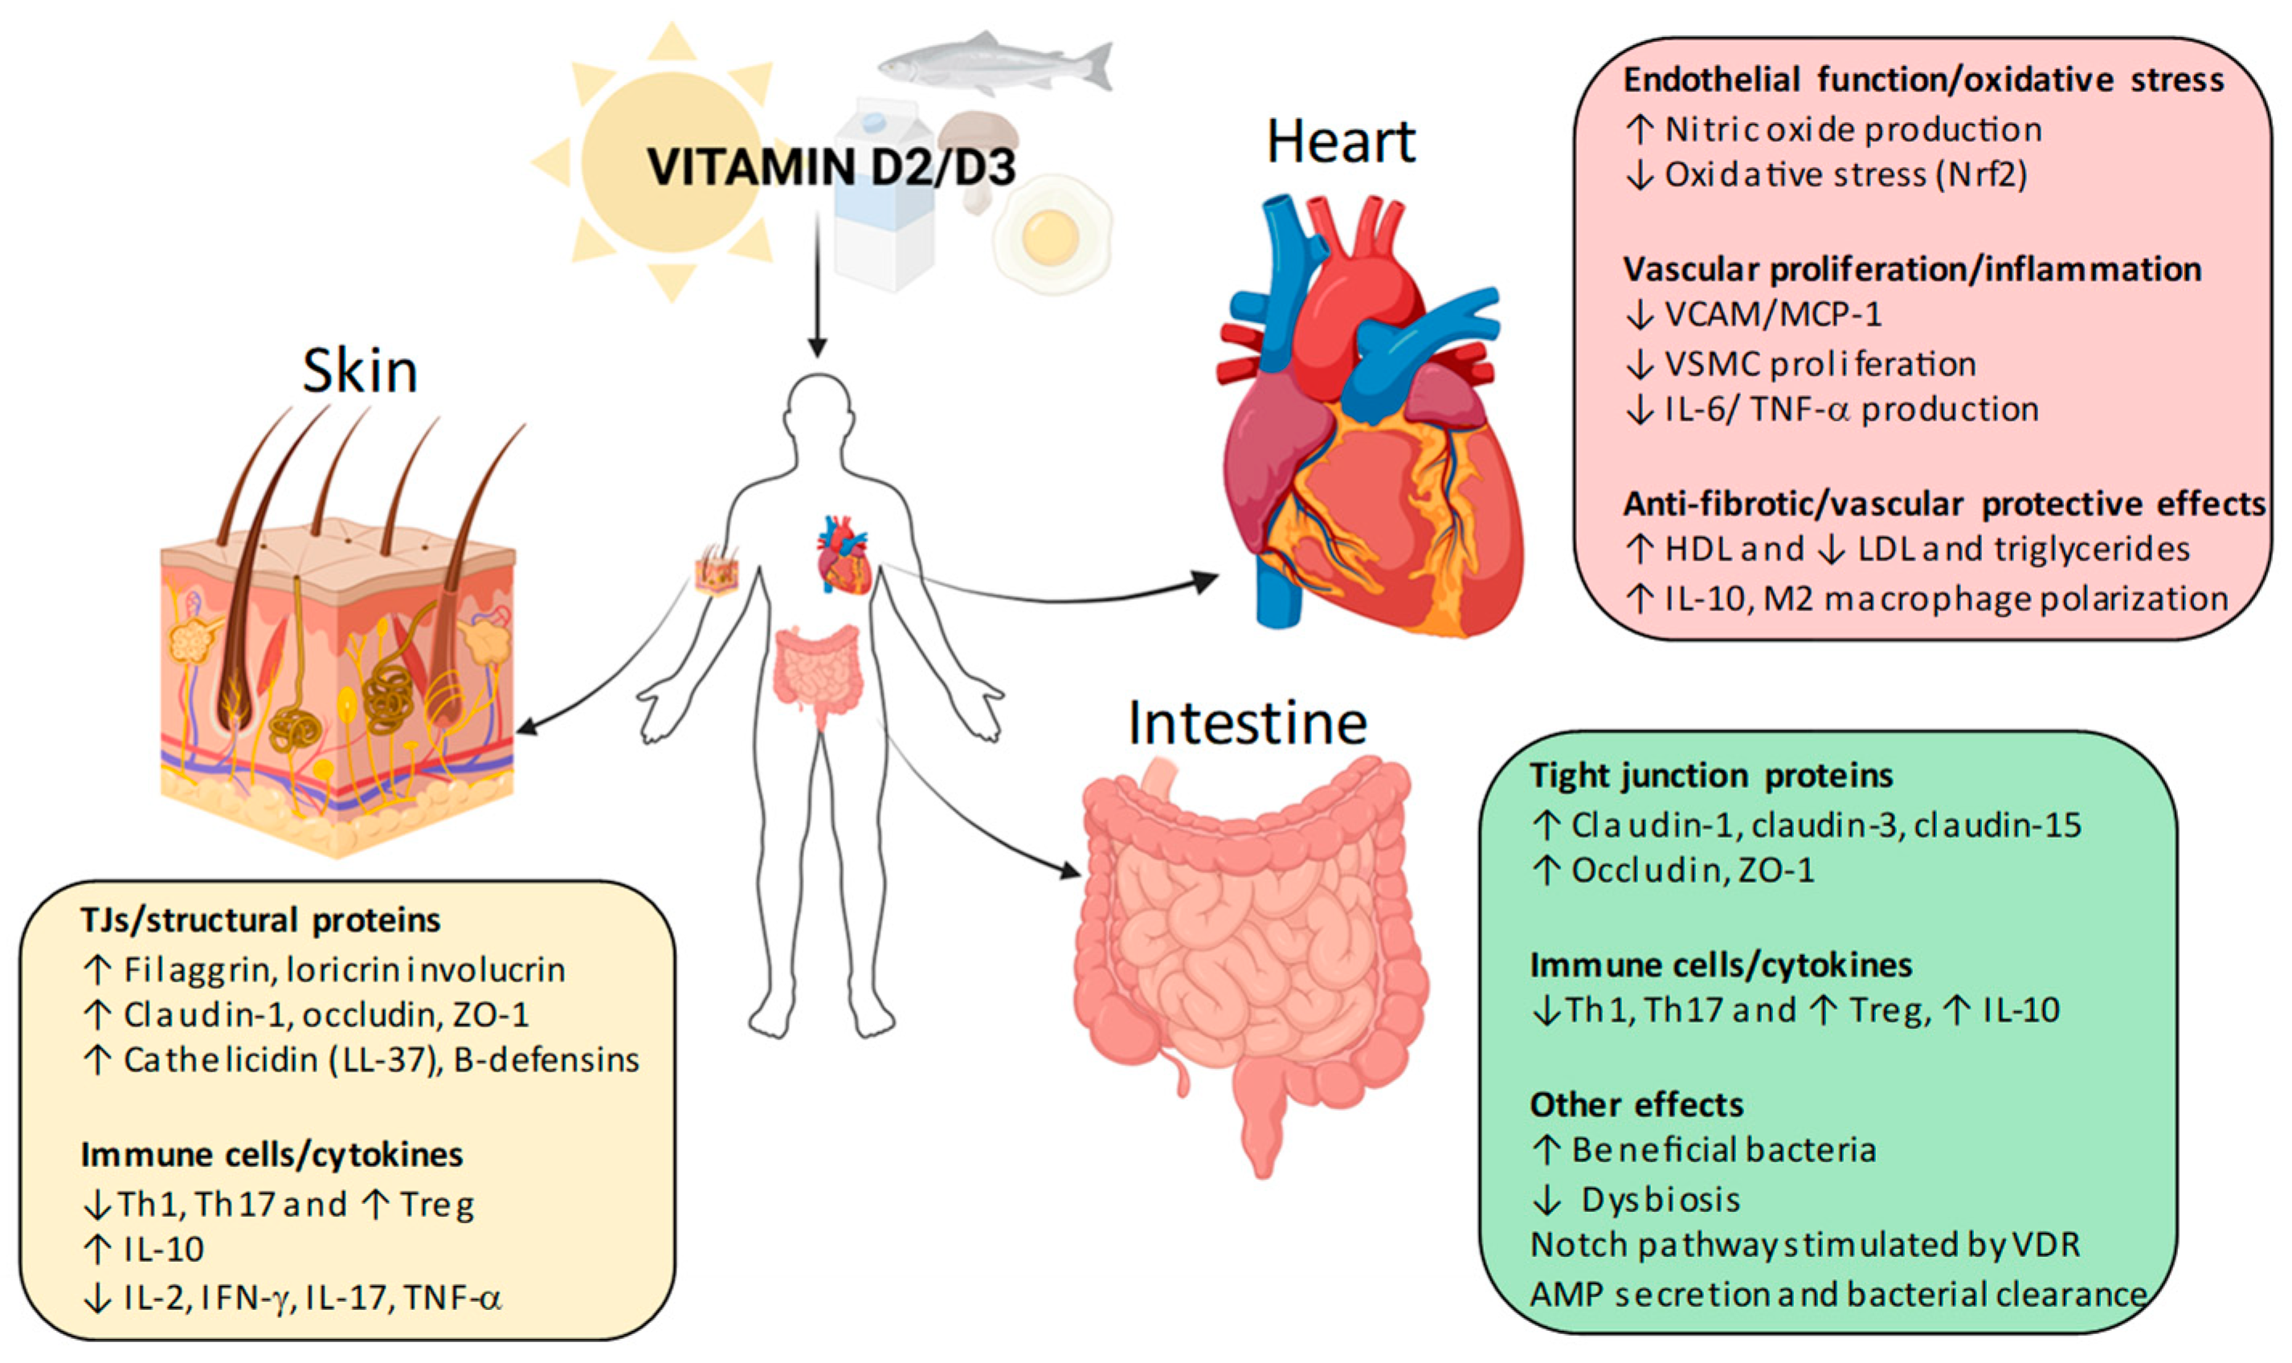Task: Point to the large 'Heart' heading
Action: tap(1340, 142)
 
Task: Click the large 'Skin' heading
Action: tap(360, 371)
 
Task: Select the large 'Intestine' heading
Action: tap(1247, 723)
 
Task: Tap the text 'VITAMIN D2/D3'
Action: tap(831, 167)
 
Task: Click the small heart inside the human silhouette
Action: tap(843, 555)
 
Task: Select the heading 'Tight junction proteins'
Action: tap(1710, 776)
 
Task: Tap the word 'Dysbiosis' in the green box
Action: tap(1661, 1199)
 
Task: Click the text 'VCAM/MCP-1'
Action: tap(1773, 315)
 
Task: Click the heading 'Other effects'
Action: tap(1636, 1105)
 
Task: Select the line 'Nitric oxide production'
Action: tap(1853, 129)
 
